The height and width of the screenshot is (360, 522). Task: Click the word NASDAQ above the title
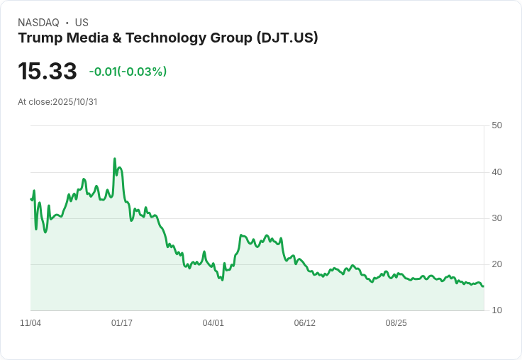point(38,23)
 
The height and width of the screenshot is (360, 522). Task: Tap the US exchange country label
point(82,23)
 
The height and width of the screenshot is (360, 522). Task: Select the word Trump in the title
point(40,38)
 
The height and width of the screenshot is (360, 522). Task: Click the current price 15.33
point(48,71)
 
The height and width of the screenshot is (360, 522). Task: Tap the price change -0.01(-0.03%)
point(128,72)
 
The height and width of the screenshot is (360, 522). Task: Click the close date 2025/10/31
point(74,102)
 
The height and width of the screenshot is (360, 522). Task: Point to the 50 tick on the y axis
point(496,125)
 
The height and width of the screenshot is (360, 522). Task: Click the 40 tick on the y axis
point(496,171)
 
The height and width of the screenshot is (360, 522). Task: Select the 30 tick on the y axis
point(496,218)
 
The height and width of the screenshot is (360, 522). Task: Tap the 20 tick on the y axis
point(496,264)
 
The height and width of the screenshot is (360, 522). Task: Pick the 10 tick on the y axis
point(496,310)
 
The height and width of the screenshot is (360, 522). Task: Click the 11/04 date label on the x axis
point(30,323)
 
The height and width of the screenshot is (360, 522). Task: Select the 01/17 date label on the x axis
point(122,323)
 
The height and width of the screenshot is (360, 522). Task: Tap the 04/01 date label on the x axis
point(213,323)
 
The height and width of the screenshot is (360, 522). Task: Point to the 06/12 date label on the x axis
point(304,323)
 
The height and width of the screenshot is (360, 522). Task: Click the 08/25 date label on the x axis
point(396,323)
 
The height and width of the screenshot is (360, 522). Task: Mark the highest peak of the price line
point(115,159)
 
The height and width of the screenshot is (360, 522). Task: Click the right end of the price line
point(483,286)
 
